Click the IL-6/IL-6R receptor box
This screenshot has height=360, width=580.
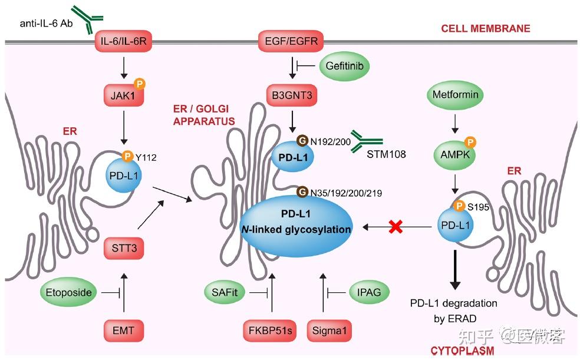(x=124, y=41)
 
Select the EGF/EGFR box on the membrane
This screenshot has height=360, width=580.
(x=292, y=41)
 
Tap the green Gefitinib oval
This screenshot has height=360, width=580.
(x=344, y=66)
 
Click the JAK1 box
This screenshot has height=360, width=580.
(x=124, y=95)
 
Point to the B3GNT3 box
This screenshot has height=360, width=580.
(x=292, y=95)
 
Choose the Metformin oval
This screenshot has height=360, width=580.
(x=456, y=95)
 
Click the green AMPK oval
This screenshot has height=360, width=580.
(x=454, y=155)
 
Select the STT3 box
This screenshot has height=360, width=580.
(x=124, y=248)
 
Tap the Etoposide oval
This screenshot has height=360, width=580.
(x=68, y=293)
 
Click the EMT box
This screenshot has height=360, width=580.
(x=124, y=331)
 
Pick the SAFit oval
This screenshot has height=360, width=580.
(x=225, y=292)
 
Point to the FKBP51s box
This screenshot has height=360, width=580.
(x=270, y=331)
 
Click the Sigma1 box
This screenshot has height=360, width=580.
(x=329, y=331)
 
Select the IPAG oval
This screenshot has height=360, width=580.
(x=369, y=292)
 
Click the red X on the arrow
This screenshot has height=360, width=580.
(x=396, y=227)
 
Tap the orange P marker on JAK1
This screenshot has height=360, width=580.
(x=140, y=84)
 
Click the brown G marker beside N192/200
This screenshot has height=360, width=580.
(x=302, y=141)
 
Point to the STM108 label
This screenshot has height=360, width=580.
(x=386, y=154)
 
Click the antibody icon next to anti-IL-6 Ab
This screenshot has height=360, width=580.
(x=87, y=18)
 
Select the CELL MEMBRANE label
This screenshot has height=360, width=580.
(x=485, y=28)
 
